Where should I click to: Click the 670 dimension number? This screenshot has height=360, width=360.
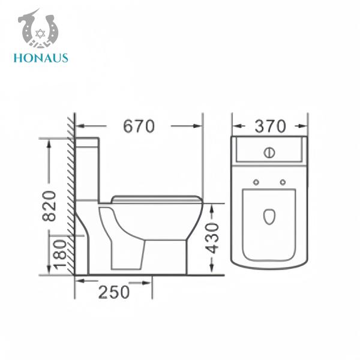click(x=139, y=127)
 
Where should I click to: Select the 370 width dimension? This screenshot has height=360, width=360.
click(x=270, y=127)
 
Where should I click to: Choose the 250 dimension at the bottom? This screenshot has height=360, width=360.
click(x=113, y=292)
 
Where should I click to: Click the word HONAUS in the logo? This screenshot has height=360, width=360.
click(x=40, y=58)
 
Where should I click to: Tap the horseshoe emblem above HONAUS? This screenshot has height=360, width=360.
click(x=38, y=29)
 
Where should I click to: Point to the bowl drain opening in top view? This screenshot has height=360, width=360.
click(x=269, y=216)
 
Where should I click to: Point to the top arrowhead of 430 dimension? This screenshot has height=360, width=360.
click(x=211, y=206)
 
